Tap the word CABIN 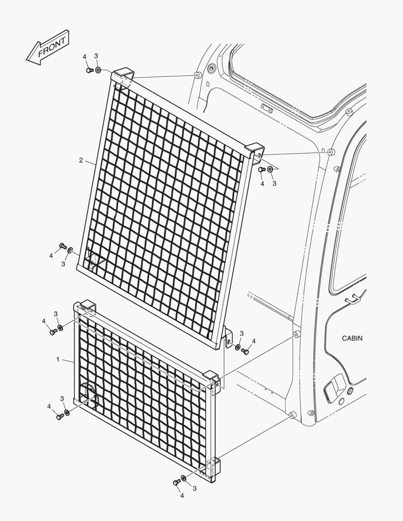[352, 338]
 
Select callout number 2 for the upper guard [81, 160]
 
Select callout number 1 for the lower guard [58, 359]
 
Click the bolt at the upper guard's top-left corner [89, 70]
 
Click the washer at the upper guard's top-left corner [97, 70]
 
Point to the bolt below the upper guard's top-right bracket [262, 170]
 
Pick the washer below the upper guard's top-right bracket [270, 169]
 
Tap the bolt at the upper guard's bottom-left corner [62, 246]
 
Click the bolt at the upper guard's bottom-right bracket [245, 351]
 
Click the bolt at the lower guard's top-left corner [52, 331]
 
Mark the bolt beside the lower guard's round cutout [60, 416]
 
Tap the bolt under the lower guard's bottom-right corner [176, 482]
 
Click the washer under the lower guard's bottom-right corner [183, 478]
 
